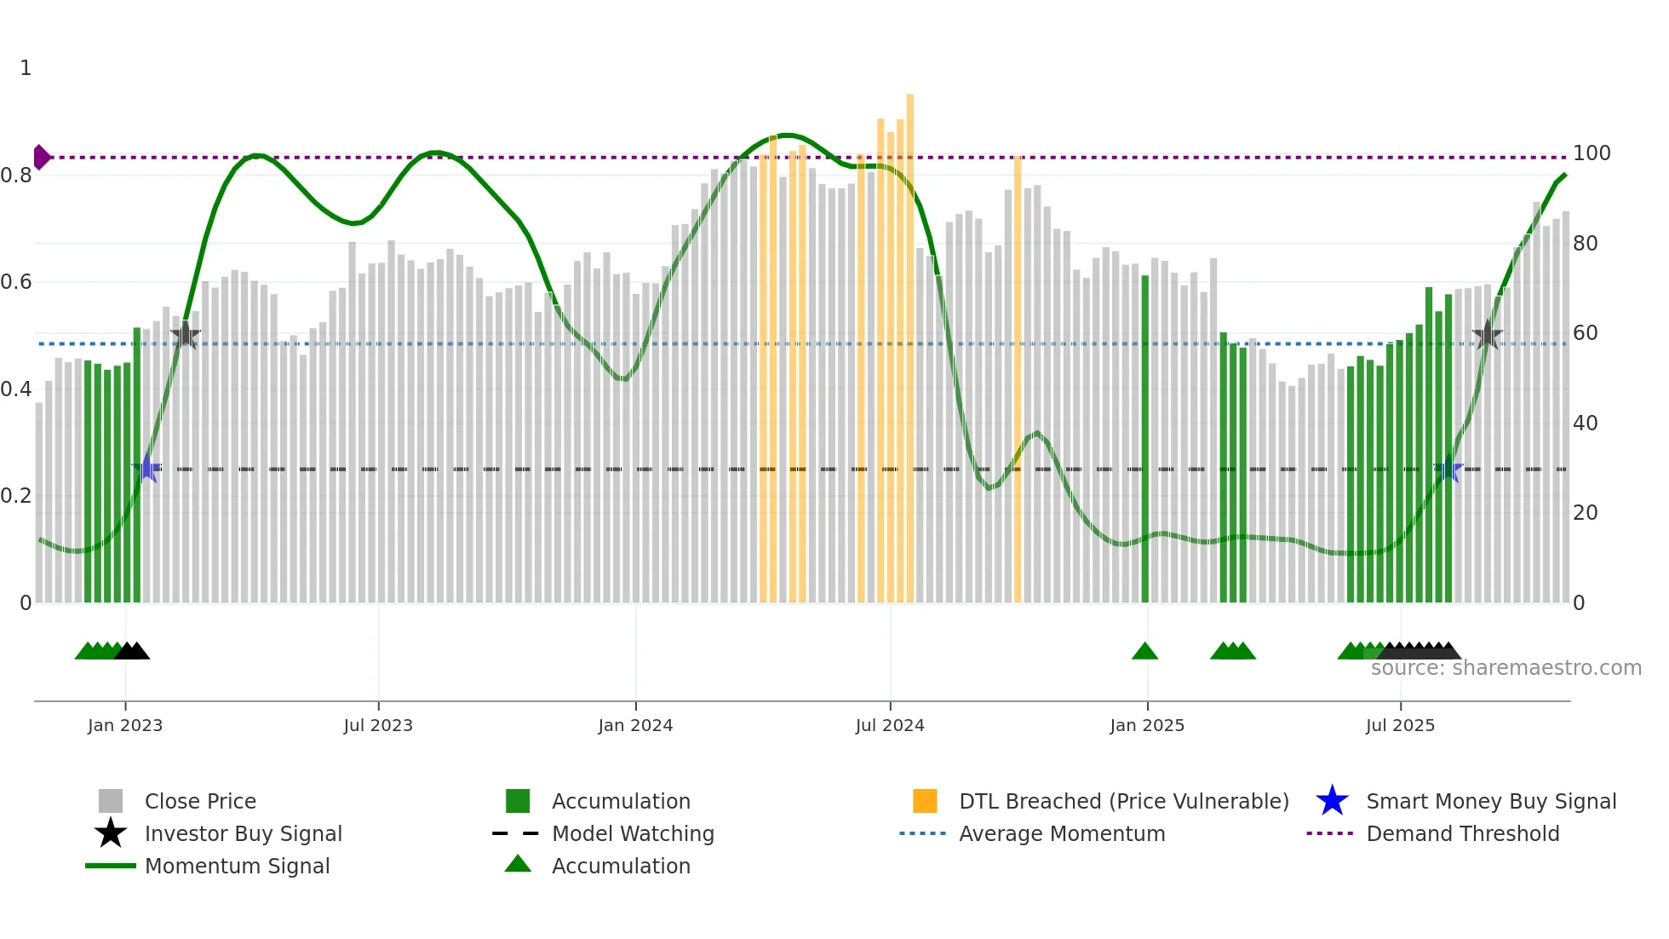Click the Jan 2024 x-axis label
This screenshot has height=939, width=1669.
(635, 725)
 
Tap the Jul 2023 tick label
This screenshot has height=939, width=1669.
(378, 725)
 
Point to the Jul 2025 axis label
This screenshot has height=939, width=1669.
(1400, 725)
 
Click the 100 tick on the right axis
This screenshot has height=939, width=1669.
(1591, 153)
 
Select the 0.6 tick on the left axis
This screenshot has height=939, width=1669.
(16, 282)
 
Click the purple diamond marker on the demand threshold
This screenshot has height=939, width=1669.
(41, 157)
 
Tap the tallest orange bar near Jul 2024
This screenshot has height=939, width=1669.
(909, 341)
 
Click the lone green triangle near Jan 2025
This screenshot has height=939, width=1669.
(1144, 652)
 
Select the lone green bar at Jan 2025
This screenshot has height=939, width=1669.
(1144, 439)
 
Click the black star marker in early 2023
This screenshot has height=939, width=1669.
(186, 335)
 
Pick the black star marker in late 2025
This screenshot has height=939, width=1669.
(1487, 335)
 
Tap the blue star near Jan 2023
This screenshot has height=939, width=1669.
(147, 468)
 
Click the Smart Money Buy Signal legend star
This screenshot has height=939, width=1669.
(1332, 801)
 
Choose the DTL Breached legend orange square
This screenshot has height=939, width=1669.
(925, 801)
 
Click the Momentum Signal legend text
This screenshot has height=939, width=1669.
(237, 866)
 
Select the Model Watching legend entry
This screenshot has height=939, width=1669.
(632, 833)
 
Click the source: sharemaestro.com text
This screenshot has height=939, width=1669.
(1506, 668)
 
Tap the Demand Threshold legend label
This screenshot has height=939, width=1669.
(1462, 833)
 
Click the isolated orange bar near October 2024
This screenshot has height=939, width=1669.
(1018, 379)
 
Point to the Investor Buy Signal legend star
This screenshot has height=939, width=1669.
(111, 833)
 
